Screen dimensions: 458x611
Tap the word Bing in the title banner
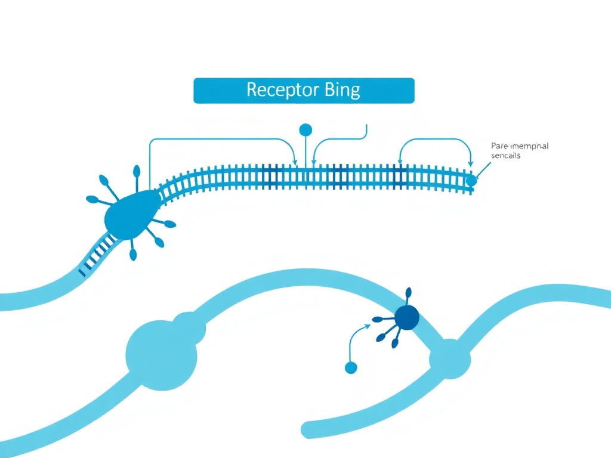[342, 90]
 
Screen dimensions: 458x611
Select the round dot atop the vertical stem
[305, 129]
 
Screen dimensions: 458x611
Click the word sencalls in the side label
[505, 156]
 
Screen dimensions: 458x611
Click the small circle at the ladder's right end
[471, 180]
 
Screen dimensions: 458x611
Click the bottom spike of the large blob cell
[133, 255]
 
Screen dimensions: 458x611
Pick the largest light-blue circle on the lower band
[161, 355]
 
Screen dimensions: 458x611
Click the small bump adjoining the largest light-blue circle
[190, 327]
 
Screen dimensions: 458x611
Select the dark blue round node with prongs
[407, 317]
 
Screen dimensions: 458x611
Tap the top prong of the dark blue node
[409, 292]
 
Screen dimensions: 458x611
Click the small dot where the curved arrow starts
[351, 368]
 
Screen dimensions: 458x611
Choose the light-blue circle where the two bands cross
[450, 359]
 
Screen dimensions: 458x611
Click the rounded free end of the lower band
[309, 429]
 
